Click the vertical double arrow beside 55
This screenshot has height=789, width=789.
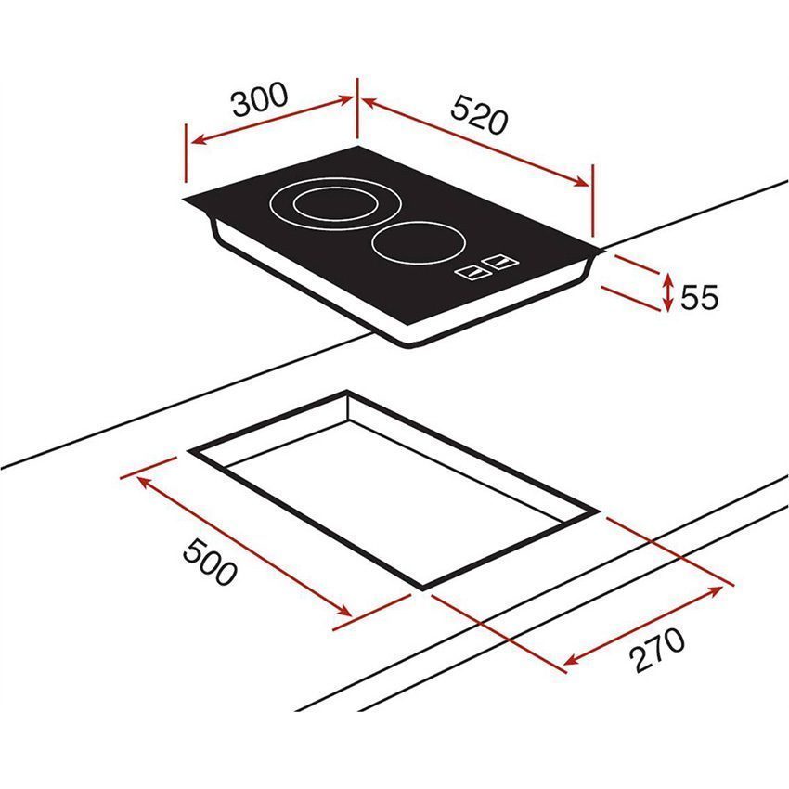click(668, 291)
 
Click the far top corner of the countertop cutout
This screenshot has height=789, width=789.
click(346, 392)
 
